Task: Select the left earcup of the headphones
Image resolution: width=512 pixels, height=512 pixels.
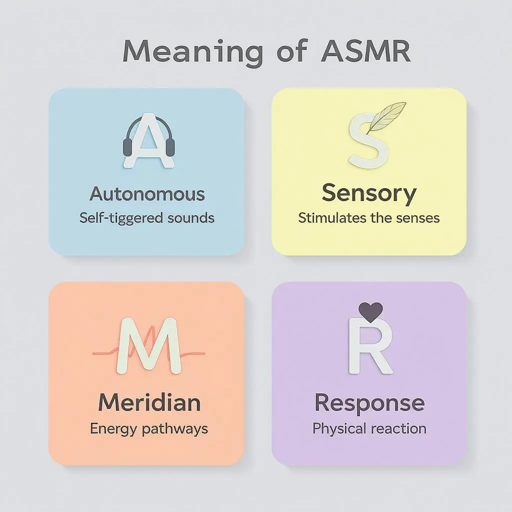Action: (x=128, y=146)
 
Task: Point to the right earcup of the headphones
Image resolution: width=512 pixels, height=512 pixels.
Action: (x=170, y=146)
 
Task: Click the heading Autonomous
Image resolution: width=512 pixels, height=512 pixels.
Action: (x=147, y=194)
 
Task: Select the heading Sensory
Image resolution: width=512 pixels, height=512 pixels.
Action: (x=369, y=193)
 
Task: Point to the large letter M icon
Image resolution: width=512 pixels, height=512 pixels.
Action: (x=148, y=345)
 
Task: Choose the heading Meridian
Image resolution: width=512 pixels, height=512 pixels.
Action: (x=149, y=402)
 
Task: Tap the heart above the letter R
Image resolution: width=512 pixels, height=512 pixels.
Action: (x=371, y=311)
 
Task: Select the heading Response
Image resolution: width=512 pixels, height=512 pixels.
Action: (x=369, y=402)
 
